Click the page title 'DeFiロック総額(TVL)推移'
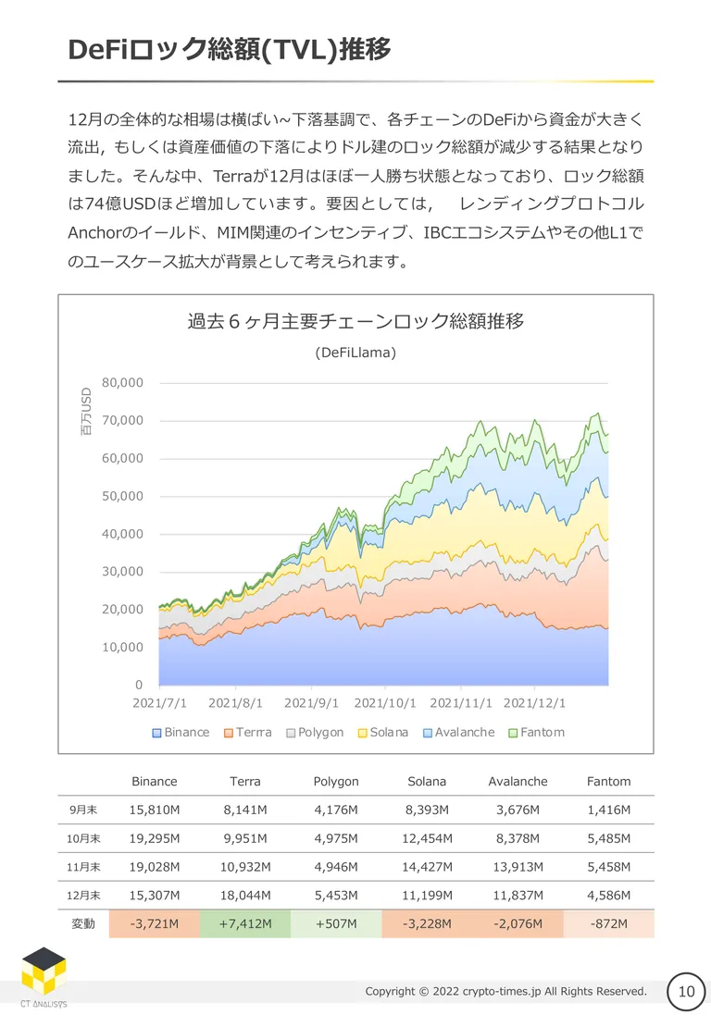(230, 50)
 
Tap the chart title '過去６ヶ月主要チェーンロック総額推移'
(355, 321)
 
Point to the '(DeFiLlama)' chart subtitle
(355, 353)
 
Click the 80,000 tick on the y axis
(122, 382)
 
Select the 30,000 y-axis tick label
(122, 571)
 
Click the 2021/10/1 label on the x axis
(385, 703)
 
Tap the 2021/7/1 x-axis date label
(160, 703)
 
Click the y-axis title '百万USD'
(86, 412)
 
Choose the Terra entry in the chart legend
(248, 732)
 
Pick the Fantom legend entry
(537, 732)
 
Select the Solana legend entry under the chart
(382, 732)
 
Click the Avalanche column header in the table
(518, 782)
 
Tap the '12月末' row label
(83, 896)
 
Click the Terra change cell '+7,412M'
(245, 923)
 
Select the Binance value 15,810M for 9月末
(154, 810)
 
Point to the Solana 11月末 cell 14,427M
(428, 867)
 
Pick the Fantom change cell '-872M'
(609, 923)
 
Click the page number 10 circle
(686, 992)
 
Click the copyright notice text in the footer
(505, 992)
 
